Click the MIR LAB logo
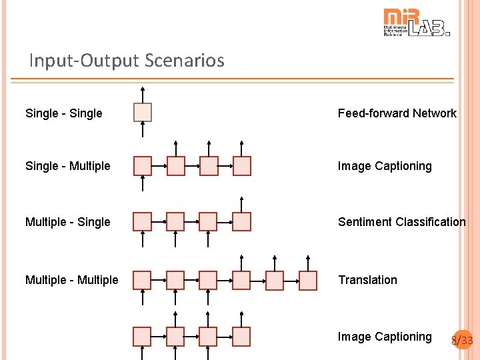[416, 22]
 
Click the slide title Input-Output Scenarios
[127, 61]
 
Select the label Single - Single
[63, 113]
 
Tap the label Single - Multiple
[67, 166]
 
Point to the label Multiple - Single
[67, 222]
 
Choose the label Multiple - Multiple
[71, 280]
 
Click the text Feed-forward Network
[397, 113]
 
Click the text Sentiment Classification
[401, 222]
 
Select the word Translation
[367, 280]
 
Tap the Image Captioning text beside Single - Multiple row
[385, 166]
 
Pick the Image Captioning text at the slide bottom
[385, 337]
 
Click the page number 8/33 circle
[462, 341]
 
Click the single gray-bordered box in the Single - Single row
[143, 113]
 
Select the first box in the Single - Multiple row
[143, 166]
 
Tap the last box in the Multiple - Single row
[242, 221]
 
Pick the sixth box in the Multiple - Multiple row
[308, 281]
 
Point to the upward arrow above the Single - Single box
[143, 94]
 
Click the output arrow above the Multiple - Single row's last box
[242, 203]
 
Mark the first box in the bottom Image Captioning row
[143, 337]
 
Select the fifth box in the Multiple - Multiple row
[275, 281]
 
